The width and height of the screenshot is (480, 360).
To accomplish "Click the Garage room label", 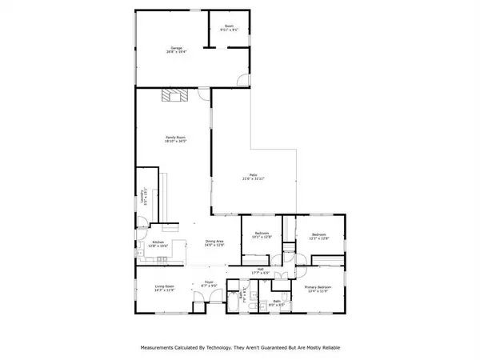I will (x=174, y=50).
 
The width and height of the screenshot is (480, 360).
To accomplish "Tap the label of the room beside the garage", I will (x=229, y=29).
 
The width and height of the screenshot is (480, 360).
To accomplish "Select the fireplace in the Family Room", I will (x=174, y=96).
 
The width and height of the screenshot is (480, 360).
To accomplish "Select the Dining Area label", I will (x=214, y=243).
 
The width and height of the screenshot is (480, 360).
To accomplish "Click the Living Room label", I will (x=165, y=288).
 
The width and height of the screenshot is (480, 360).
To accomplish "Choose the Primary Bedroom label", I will (x=317, y=288).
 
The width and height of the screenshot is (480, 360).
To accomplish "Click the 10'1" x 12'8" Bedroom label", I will (x=262, y=235).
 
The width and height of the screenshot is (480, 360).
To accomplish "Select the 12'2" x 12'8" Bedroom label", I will (x=319, y=235).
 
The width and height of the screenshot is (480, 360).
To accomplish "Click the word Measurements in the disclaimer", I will (x=162, y=348).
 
